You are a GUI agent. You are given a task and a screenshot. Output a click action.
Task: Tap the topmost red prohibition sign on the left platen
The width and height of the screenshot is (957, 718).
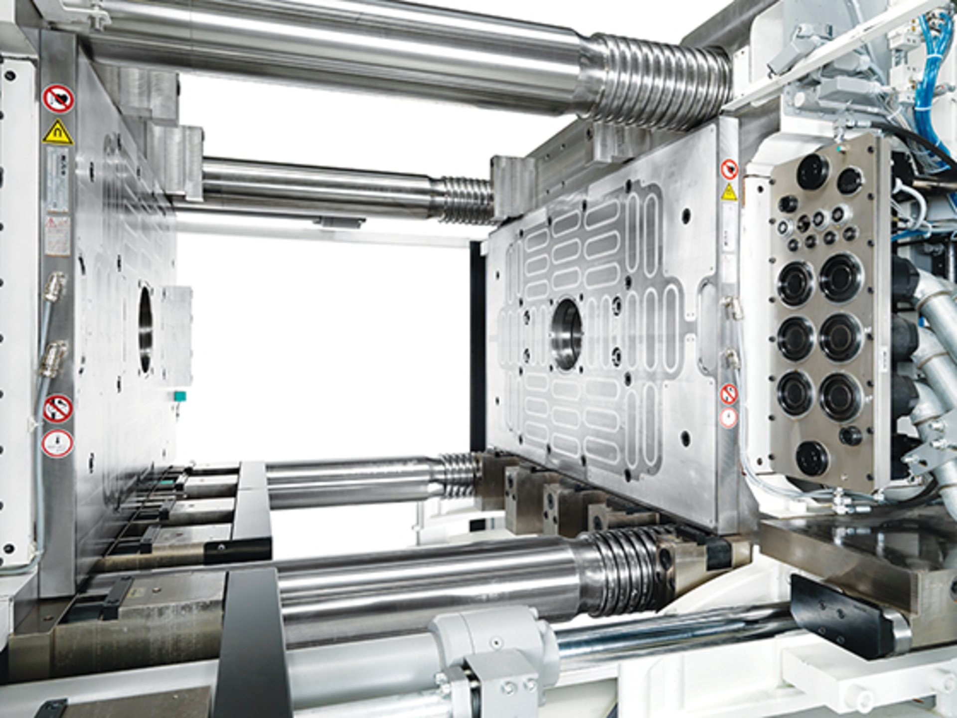58,98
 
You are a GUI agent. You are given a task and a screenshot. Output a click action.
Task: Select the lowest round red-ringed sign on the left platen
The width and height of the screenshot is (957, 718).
57,443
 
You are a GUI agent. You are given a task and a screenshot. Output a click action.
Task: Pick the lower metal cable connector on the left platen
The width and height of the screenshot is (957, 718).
54,356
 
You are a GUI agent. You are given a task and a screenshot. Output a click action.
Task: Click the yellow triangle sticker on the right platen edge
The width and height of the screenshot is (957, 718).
729,192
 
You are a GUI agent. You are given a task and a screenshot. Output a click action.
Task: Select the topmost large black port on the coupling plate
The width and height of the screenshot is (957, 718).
812,171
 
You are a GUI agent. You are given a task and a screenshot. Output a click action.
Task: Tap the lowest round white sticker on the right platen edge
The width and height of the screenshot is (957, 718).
729,418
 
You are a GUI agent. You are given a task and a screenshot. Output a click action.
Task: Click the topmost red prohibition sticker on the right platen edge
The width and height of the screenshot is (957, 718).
729,170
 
